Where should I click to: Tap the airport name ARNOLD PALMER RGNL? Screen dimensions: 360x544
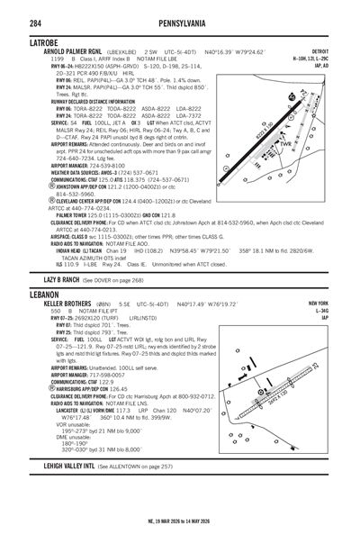(x=71, y=53)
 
